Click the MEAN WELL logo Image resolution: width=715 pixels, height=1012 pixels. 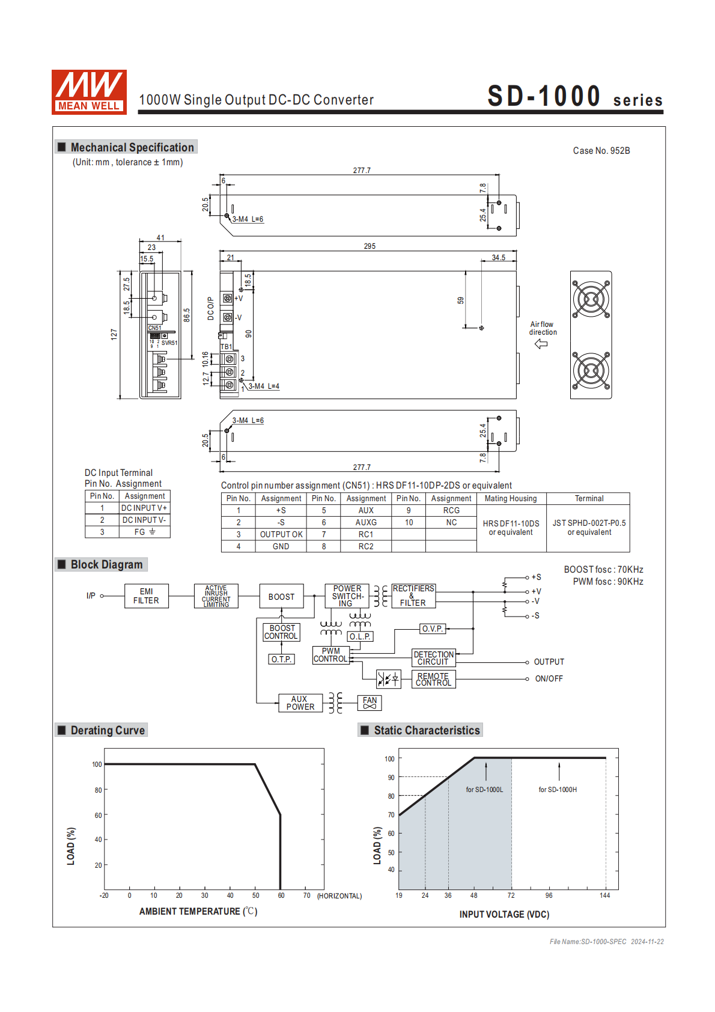(89, 92)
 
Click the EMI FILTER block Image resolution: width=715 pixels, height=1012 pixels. (146, 596)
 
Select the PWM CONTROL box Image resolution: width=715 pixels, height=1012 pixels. (330, 655)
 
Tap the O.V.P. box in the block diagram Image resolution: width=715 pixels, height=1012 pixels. (432, 629)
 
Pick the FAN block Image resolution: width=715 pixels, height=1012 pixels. (370, 703)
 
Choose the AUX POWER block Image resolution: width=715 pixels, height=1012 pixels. (300, 703)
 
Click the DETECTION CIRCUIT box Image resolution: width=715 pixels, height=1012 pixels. (433, 658)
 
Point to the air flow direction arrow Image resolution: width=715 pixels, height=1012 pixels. (541, 344)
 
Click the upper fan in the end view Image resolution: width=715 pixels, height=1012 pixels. (591, 299)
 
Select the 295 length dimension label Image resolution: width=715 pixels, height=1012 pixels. (370, 246)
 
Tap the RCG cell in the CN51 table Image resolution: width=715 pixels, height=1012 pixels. (451, 510)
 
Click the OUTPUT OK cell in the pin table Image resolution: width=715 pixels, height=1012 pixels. (281, 534)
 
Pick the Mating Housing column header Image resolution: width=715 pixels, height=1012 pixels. (511, 498)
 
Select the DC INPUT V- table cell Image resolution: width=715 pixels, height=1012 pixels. (144, 520)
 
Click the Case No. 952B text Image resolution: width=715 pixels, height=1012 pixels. (601, 151)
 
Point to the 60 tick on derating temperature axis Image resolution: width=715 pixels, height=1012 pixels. (281, 895)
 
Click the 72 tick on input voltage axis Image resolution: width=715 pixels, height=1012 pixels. (511, 895)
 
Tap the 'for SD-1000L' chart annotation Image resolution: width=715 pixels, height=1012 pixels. (484, 790)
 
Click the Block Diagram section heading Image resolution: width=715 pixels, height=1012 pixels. (106, 564)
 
